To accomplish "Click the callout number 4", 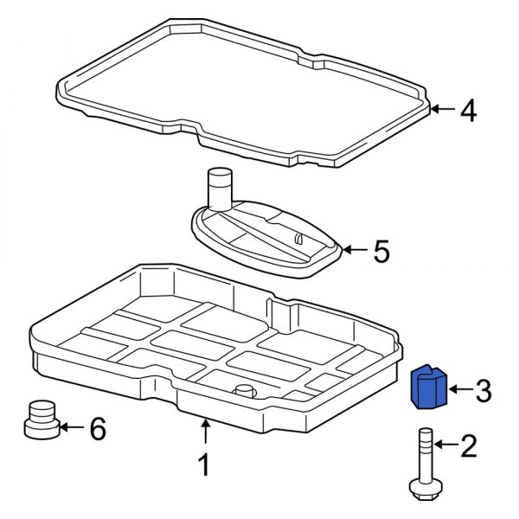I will tap(467, 111).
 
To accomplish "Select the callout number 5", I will tap(381, 252).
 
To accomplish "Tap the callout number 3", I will tap(483, 391).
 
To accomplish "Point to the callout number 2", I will tap(468, 446).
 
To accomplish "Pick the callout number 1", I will tap(204, 466).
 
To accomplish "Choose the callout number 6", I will tap(99, 428).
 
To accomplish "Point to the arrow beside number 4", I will tap(441, 109).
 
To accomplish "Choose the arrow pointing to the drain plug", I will tap(71, 427).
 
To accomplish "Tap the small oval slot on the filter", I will tap(297, 238).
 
